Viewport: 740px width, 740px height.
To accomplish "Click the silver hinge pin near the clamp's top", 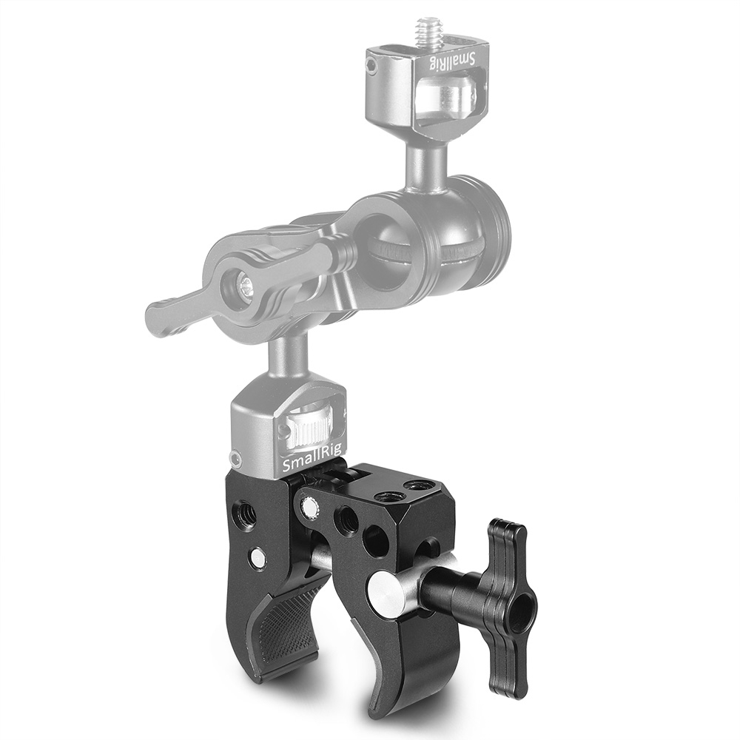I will [306, 506].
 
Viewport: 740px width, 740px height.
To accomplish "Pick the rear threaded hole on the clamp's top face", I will [423, 486].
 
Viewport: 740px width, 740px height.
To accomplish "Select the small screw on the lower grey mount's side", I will [236, 457].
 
